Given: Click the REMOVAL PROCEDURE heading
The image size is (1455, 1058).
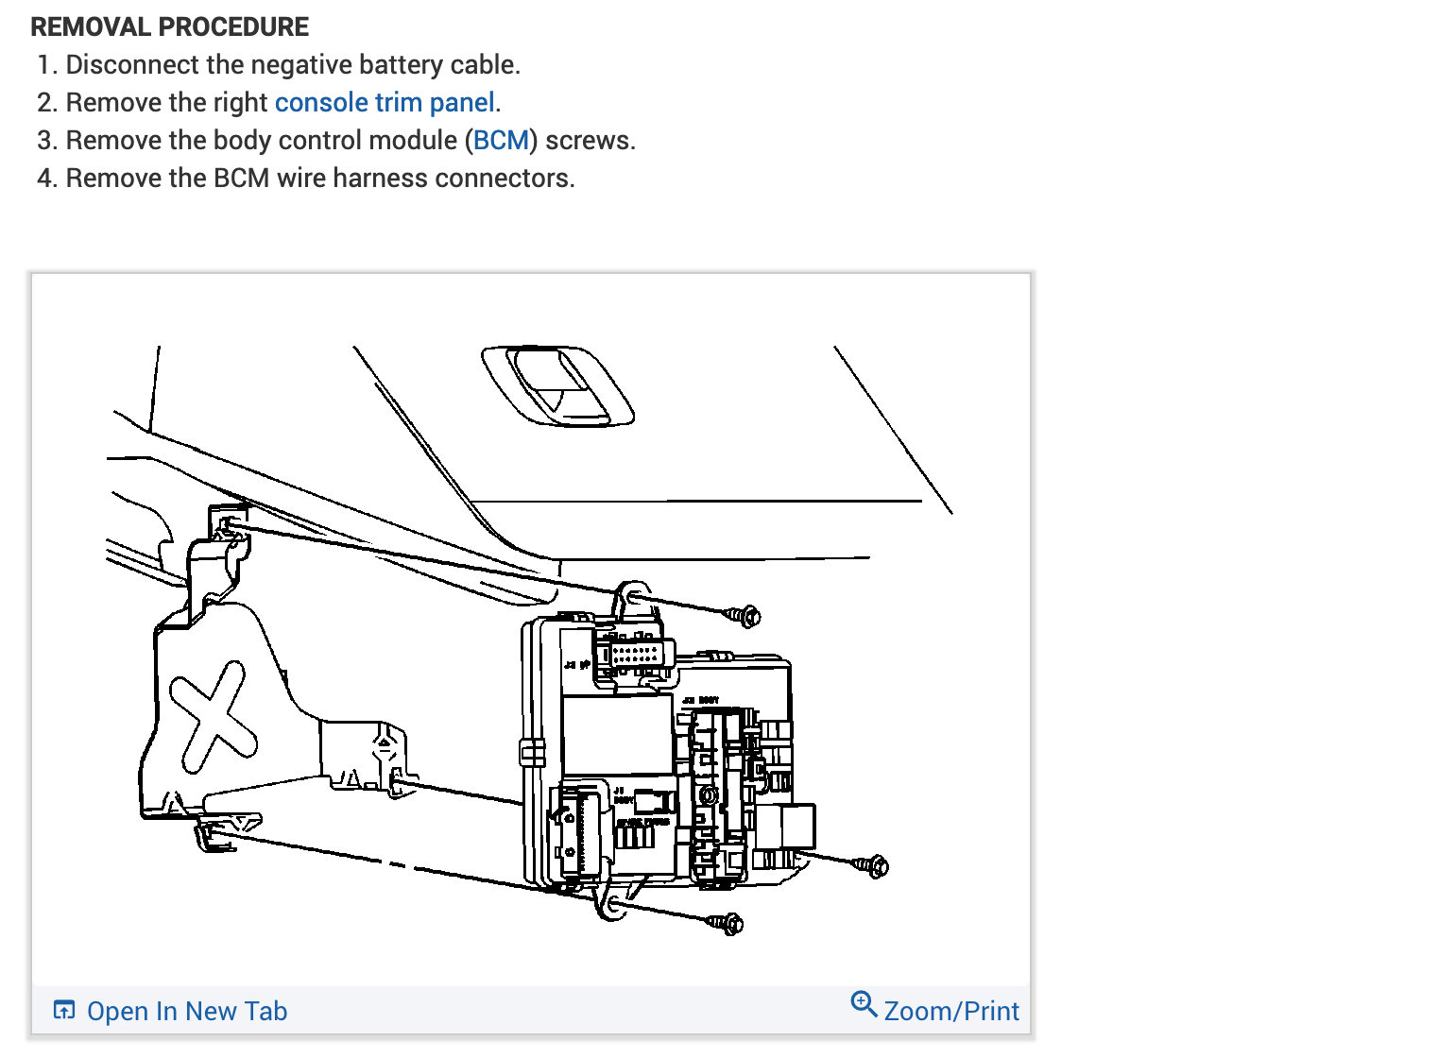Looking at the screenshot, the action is coord(170,26).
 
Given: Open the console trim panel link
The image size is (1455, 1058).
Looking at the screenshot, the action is coord(385,102).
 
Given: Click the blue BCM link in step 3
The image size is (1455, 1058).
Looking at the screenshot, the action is coord(501,140).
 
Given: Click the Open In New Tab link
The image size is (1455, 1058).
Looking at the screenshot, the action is coord(186,1011).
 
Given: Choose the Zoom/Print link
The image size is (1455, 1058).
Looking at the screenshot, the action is coord(950,1011).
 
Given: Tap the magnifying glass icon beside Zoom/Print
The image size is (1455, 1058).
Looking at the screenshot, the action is coord(864,1003).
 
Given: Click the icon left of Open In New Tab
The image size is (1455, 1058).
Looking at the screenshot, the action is coord(64,1010).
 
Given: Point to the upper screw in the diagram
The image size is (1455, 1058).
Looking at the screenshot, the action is coord(745,616).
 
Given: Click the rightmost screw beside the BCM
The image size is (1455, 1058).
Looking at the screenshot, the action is coord(872,865).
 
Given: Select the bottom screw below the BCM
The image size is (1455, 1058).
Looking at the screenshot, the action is coord(727,923).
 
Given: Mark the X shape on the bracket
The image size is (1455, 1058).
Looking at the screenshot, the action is coord(214,715).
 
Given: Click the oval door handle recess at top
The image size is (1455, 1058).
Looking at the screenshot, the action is coord(557,384).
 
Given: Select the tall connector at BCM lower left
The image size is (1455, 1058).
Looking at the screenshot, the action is coord(578,830).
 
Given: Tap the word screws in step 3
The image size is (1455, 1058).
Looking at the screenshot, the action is coord(590,140).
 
